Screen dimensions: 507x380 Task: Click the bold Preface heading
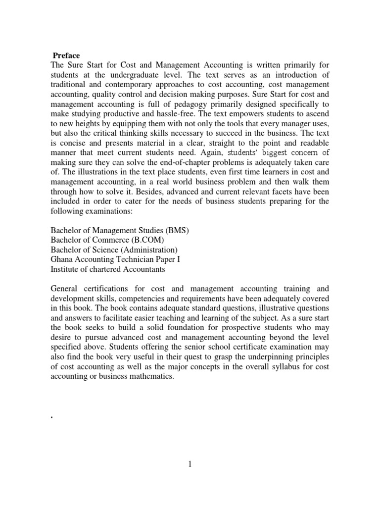pos(66,55)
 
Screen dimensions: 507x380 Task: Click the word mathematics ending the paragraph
pos(150,376)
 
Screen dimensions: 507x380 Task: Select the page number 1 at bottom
pos(190,464)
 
